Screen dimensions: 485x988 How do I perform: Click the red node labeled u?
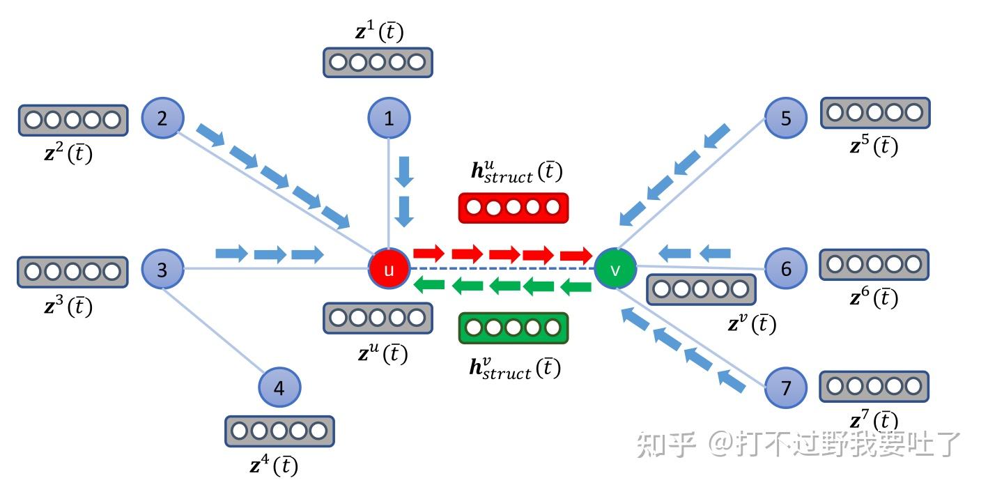point(389,269)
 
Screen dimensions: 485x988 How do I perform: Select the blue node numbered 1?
point(389,118)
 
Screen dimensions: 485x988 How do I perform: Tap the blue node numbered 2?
point(162,118)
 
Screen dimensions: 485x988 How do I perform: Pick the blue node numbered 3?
point(162,269)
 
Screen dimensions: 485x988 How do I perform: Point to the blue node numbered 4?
point(279,387)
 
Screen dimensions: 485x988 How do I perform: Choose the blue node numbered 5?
point(785,118)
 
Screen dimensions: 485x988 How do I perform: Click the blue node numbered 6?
point(785,269)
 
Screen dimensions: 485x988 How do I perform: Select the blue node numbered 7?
point(785,387)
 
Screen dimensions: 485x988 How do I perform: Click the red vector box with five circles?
point(514,208)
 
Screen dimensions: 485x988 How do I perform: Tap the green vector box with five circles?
point(514,328)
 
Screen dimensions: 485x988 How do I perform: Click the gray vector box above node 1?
point(378,63)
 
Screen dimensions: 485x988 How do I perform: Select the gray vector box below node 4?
point(279,431)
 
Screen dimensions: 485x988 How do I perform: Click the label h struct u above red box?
point(516,171)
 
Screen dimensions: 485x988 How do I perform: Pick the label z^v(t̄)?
point(751,324)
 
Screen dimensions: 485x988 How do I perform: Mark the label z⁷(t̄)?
point(874,420)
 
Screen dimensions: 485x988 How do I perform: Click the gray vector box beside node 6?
point(874,264)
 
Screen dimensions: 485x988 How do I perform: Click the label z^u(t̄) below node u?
point(383,353)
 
